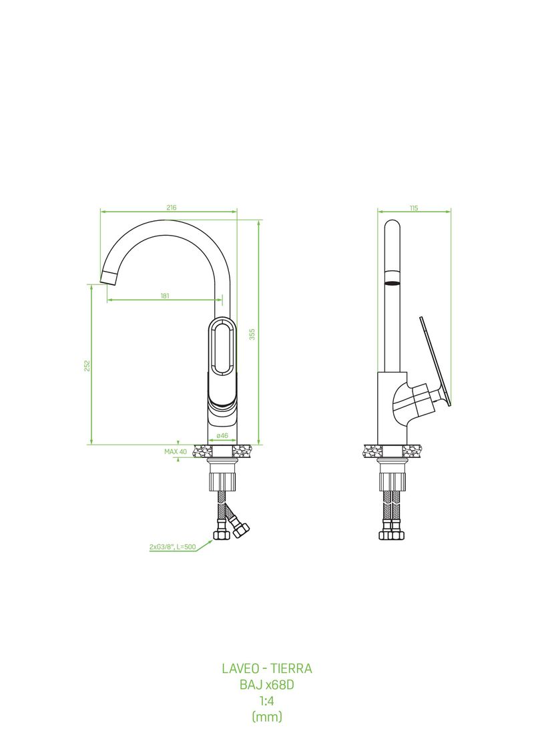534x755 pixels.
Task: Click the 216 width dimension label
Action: coord(172,208)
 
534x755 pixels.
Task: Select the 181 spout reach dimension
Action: coord(165,296)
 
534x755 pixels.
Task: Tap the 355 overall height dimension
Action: coord(252,334)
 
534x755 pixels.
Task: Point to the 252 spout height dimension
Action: coord(87,365)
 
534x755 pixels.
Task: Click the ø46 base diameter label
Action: coord(222,435)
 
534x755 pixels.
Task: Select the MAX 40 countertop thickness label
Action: coord(176,452)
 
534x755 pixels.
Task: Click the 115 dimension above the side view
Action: coord(414,208)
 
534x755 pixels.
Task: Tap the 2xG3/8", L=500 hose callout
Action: coord(172,547)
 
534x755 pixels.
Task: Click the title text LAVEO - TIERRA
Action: coord(267,668)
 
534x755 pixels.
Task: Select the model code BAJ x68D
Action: coord(267,684)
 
